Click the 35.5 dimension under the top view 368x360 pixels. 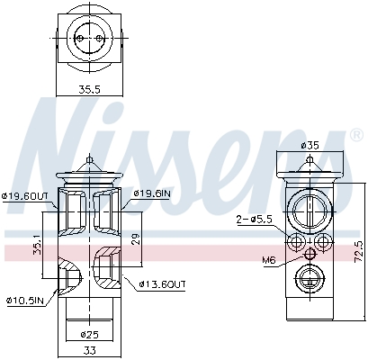[x=88, y=89]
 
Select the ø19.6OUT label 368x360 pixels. [x=26, y=193]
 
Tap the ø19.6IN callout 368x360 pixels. [x=152, y=193]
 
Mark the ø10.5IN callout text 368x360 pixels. [x=23, y=301]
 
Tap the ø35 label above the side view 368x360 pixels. [x=309, y=145]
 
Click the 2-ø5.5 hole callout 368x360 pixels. [x=254, y=220]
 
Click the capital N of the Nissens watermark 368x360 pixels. [x=58, y=135]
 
